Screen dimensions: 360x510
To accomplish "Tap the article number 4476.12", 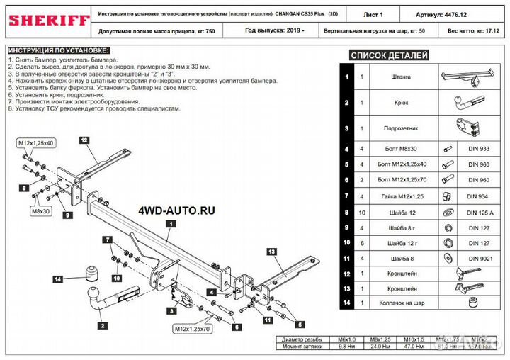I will pos(468,13).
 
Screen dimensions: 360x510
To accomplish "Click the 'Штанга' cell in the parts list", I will pos(400,76).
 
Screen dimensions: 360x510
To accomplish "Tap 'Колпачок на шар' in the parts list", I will pos(400,303).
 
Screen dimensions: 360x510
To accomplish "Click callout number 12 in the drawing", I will pos(83,140).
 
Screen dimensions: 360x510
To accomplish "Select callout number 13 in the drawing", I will pos(271,251).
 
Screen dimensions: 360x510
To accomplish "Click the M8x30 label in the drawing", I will pos(40,211).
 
